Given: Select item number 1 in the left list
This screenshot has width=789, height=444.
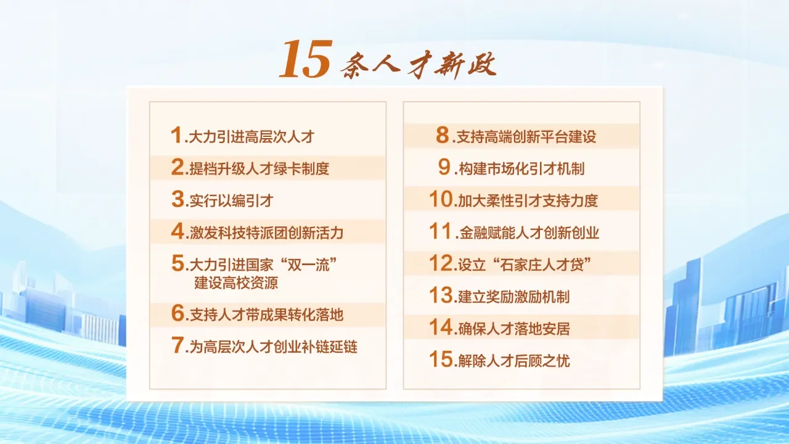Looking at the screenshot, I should (176, 135).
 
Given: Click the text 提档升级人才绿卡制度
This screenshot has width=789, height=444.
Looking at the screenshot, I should (259, 168).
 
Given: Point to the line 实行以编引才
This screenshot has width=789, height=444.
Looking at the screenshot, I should (231, 200).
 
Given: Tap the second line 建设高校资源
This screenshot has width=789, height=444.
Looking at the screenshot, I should (236, 284).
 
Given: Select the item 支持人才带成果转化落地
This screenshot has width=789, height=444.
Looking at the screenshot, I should (266, 315).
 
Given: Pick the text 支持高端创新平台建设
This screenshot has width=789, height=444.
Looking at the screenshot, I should (526, 136).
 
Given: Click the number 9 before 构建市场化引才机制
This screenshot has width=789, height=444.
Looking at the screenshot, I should (445, 168).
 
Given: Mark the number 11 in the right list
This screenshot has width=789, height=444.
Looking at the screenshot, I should (441, 232).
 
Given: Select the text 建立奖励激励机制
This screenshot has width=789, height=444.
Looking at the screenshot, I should (513, 297).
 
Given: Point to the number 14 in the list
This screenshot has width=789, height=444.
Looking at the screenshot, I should (441, 327).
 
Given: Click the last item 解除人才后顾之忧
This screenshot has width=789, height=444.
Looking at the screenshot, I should (513, 361).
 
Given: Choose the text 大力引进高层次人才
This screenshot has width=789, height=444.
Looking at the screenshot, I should (251, 136).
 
